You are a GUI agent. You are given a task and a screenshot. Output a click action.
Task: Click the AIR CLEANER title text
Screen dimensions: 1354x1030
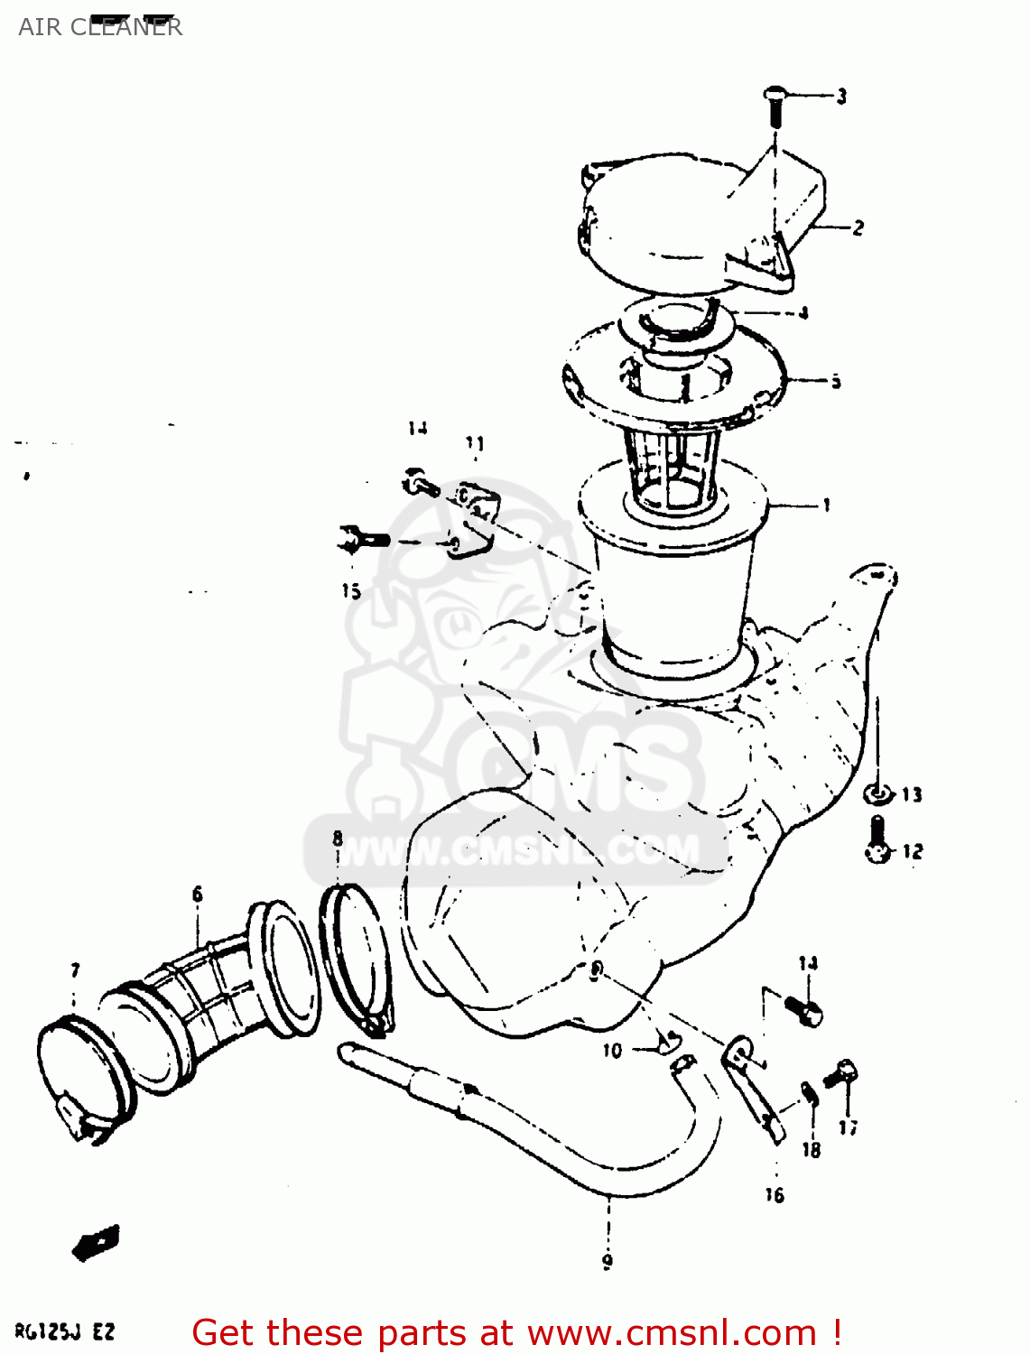coord(99,26)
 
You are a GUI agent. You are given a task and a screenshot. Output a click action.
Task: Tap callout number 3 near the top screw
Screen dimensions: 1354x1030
coord(841,96)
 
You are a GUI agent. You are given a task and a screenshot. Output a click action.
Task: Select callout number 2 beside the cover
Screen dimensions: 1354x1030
coord(858,227)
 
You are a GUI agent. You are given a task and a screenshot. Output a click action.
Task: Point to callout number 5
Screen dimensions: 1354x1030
coord(836,381)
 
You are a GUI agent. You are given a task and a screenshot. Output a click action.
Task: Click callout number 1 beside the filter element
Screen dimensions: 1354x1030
coord(826,505)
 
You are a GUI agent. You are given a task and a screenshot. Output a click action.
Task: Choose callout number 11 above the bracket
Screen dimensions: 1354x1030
coord(475,443)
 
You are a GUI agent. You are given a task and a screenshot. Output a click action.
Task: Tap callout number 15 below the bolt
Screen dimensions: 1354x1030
coord(351,591)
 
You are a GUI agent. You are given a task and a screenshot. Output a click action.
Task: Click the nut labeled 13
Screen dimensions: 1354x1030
coord(876,794)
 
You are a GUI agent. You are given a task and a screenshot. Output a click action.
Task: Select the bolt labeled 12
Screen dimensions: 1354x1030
coord(877,839)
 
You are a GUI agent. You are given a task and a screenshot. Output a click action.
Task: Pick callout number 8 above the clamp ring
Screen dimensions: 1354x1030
coord(337,839)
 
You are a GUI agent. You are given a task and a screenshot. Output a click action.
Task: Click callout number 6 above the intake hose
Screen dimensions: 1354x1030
coord(198,895)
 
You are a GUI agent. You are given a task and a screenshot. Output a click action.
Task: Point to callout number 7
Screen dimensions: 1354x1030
coord(75,970)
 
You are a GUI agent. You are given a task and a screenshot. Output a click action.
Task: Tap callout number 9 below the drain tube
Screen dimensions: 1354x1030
coord(608,1261)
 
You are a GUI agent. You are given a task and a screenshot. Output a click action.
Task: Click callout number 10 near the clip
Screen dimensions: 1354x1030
coord(612,1051)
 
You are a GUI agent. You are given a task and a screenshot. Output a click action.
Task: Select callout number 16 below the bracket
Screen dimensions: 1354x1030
coord(775,1195)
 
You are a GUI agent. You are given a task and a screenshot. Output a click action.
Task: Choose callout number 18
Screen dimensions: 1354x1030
coord(812,1150)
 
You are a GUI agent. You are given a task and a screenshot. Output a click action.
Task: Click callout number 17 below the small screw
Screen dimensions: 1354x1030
coord(848,1127)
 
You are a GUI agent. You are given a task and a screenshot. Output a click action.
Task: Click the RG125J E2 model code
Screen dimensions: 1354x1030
coord(65,1331)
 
